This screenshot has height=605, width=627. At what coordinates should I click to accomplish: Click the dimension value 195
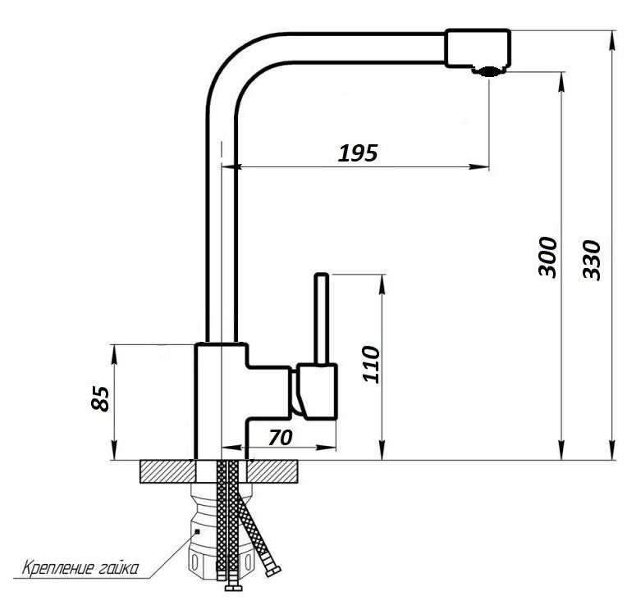[358, 153]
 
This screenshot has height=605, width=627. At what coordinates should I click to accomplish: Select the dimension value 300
[547, 257]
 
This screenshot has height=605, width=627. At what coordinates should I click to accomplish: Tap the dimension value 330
[592, 260]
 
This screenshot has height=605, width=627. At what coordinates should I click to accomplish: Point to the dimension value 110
[371, 364]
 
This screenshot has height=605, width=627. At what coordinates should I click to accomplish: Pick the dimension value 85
[99, 398]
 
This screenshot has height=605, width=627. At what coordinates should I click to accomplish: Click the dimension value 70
[281, 437]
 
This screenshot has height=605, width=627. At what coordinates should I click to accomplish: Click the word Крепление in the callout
[57, 567]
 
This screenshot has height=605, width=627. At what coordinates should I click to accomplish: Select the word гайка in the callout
[117, 567]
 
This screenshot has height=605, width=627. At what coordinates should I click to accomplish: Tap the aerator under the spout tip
[488, 71]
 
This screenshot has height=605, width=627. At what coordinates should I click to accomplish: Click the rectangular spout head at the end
[478, 47]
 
